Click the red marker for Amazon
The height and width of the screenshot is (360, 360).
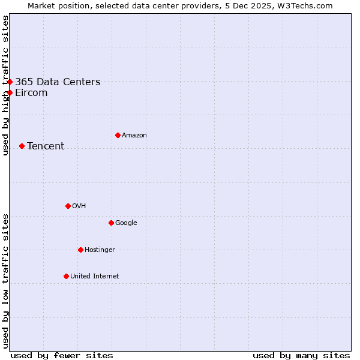(118, 135)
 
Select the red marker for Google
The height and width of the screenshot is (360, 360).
(111, 223)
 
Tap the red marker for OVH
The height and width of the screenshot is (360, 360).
(68, 206)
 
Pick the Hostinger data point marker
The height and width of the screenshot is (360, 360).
(80, 250)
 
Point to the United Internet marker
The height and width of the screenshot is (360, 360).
(66, 276)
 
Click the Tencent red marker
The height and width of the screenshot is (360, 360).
(22, 146)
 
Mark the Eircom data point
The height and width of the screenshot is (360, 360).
(10, 92)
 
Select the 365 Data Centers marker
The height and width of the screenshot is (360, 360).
(10, 82)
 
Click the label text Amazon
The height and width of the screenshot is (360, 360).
(134, 136)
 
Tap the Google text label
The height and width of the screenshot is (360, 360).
(126, 223)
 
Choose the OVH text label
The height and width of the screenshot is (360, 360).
(79, 206)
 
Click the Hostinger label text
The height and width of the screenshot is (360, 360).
(100, 250)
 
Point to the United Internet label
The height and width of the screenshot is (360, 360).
(94, 277)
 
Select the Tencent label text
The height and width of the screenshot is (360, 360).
(46, 146)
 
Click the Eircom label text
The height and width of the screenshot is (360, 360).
(31, 93)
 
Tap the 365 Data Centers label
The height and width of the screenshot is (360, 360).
(58, 82)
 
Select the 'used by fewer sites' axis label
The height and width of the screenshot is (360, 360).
(62, 355)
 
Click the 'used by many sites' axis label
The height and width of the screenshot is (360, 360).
(301, 355)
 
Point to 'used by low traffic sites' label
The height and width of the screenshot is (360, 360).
(5, 281)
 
